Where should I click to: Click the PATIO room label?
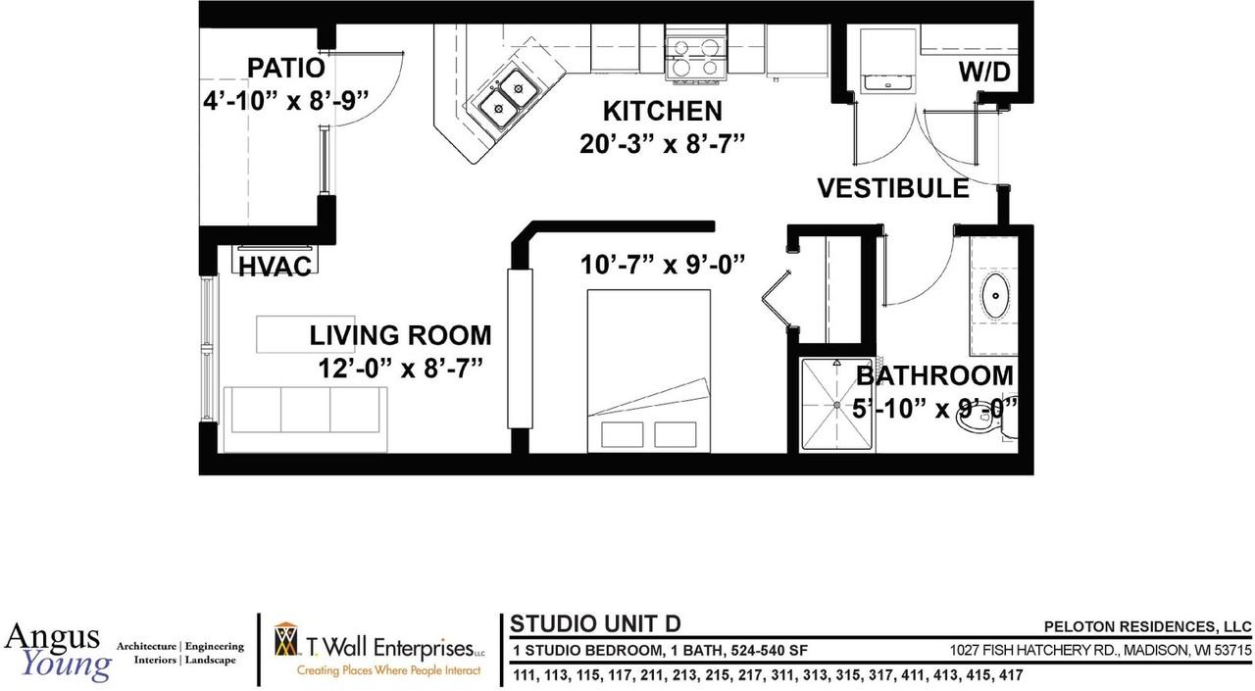(x=285, y=69)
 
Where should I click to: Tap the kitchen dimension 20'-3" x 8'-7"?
(x=662, y=144)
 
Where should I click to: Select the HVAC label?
(x=275, y=267)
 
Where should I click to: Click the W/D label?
(x=984, y=72)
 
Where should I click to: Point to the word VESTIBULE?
(x=893, y=188)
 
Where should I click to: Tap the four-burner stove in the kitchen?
(x=695, y=58)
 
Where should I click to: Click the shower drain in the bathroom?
(x=837, y=404)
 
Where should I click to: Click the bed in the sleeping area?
(x=649, y=370)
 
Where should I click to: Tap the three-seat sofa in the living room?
(x=305, y=419)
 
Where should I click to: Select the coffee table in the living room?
(x=305, y=334)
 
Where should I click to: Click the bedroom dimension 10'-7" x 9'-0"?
(x=663, y=265)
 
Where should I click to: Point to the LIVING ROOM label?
(x=400, y=335)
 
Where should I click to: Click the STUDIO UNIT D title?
(x=595, y=623)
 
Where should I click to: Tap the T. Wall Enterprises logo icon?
(x=287, y=647)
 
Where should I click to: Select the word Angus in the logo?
(x=52, y=636)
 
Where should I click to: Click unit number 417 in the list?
(x=1011, y=675)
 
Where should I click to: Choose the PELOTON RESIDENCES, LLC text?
(x=1148, y=626)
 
